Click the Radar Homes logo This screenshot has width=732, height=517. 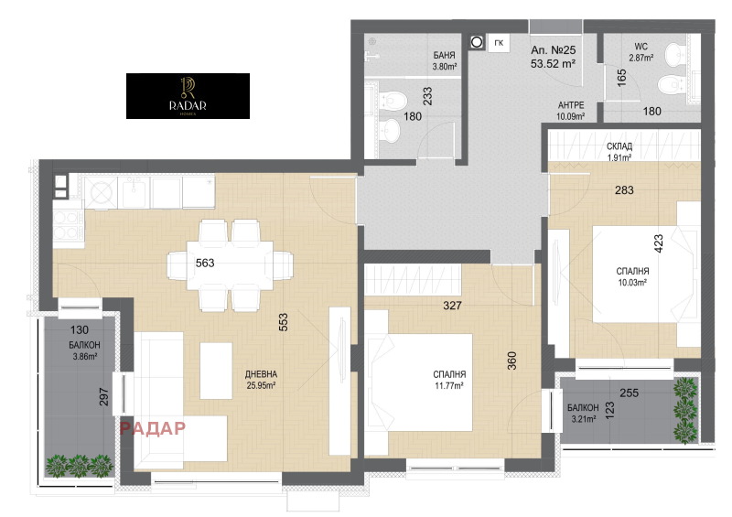pyautogui.click(x=188, y=95)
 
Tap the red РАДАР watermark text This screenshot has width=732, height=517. pyautogui.click(x=152, y=426)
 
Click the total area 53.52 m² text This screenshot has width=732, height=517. pyautogui.click(x=553, y=64)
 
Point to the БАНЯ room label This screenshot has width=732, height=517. pyautogui.click(x=445, y=55)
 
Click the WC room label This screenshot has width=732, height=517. pyautogui.click(x=640, y=47)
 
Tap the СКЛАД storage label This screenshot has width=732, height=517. pyautogui.click(x=619, y=146)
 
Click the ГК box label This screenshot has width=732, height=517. pyautogui.click(x=499, y=42)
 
